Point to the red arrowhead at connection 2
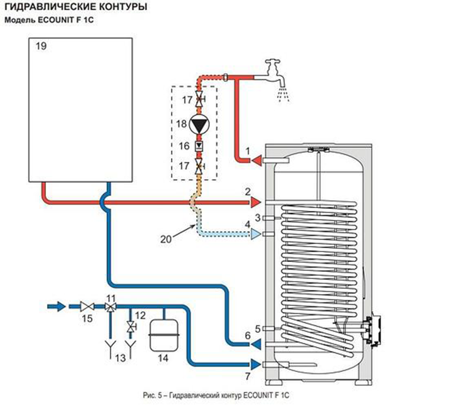click(256, 202)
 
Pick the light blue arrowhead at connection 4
click(256, 235)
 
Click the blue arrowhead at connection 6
click(256, 343)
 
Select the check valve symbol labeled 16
click(199, 146)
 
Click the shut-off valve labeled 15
click(87, 307)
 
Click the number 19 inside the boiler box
click(41, 46)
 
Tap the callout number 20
click(166, 239)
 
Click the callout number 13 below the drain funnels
click(120, 358)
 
